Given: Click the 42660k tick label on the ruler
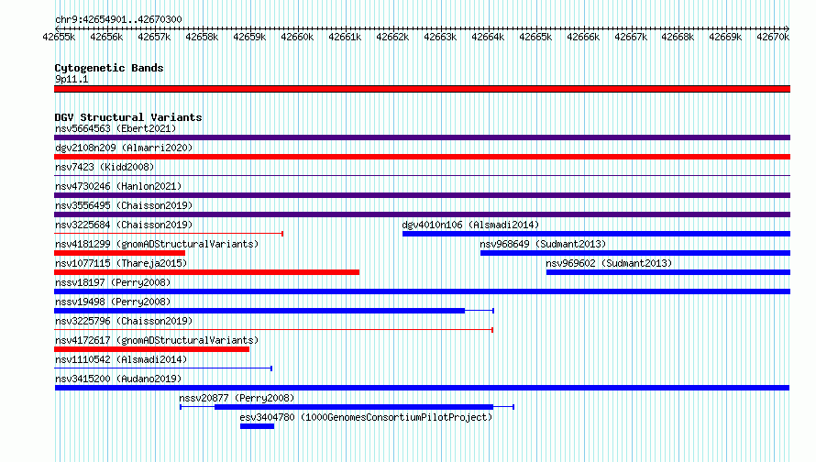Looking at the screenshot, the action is coord(297,37).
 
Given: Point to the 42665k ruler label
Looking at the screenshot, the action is coord(535,37).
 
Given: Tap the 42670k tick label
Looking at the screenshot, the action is coord(773,37).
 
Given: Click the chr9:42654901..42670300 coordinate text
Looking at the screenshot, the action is coord(118,20).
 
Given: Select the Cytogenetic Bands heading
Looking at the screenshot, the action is coord(109,68).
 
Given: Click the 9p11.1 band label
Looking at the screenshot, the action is coord(72,79).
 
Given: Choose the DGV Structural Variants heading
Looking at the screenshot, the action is coord(128,117).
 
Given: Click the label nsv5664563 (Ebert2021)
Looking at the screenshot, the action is coord(116,128).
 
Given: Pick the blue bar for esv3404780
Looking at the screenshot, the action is coord(257,426).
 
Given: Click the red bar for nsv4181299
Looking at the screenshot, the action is coord(120,253).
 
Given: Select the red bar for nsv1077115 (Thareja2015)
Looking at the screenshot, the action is coord(206,272).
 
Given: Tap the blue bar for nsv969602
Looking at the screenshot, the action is coord(668,272).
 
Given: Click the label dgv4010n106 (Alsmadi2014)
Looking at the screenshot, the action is coord(470,225).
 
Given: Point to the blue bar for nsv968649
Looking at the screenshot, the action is coord(635,253).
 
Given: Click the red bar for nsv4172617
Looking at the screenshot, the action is coord(151,349).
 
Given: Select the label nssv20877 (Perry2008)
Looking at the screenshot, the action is coord(237,398).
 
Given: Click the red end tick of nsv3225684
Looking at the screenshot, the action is coord(282,234).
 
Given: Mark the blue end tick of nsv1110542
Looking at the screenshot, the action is coord(271,368).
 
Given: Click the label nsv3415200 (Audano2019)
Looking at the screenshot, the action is coord(118,379).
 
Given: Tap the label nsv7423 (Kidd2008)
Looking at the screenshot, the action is coord(105,167).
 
